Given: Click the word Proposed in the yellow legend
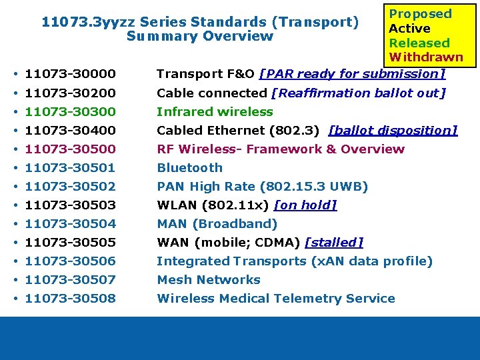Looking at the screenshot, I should pos(420,14).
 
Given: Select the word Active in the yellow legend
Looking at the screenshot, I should pos(409,29).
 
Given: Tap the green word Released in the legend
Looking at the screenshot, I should pos(419,43).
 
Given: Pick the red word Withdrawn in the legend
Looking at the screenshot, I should pos(425,57).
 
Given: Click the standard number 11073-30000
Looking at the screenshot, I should pos(70,74).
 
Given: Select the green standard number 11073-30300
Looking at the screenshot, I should pos(70,111).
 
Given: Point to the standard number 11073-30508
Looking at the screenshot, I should pos(70,298).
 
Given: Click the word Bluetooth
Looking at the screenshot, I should pos(189,167).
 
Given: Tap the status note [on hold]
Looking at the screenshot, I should pos(305,205).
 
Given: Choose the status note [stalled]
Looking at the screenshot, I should pos(333,242).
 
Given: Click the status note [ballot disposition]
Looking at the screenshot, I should pos(393,130).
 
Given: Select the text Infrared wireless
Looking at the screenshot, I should pos(215,111).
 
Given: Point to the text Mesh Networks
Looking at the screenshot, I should pos(208,279).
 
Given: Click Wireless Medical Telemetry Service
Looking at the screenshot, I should pos(276,298).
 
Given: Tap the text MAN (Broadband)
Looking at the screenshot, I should pos(217,223).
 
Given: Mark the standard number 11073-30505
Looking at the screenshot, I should pos(70,242).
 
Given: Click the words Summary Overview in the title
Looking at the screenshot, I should pos(200,36).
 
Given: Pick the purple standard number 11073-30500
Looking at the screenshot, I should pos(70,149).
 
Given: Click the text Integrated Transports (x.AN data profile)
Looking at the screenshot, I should pos(295,261).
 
